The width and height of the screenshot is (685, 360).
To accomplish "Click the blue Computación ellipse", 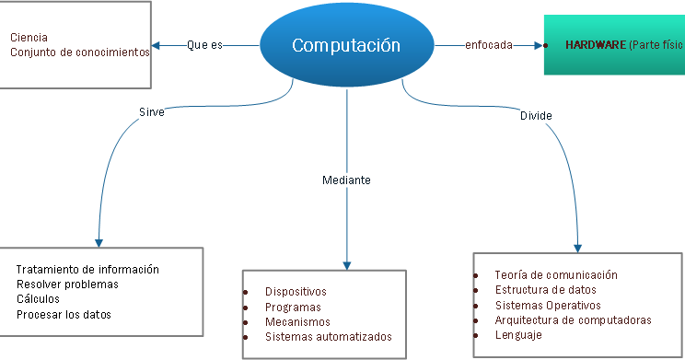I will pyautogui.click(x=346, y=44).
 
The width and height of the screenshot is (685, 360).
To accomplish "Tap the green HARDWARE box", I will pyautogui.click(x=614, y=44).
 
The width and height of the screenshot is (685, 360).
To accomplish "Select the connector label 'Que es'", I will pyautogui.click(x=204, y=44).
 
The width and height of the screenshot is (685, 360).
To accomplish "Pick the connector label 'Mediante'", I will pyautogui.click(x=346, y=180).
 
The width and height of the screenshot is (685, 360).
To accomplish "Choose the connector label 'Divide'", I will pyautogui.click(x=536, y=116).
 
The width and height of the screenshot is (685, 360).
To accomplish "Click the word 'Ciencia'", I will pyautogui.click(x=29, y=38).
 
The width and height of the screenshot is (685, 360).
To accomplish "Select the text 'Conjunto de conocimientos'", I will pyautogui.click(x=79, y=52).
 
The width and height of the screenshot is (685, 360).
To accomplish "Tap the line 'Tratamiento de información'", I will pyautogui.click(x=87, y=270).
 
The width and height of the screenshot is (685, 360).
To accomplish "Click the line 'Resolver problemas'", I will pyautogui.click(x=67, y=285).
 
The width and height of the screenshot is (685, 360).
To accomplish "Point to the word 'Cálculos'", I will pyautogui.click(x=38, y=299).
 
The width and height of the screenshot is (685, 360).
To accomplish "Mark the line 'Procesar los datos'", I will pyautogui.click(x=64, y=315).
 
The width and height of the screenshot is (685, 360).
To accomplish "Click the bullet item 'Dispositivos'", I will pyautogui.click(x=296, y=292).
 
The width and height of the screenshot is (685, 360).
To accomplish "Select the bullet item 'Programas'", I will pyautogui.click(x=293, y=308).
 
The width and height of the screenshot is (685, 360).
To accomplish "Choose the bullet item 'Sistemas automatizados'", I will pyautogui.click(x=328, y=337).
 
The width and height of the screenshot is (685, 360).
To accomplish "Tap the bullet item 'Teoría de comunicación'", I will pyautogui.click(x=555, y=275).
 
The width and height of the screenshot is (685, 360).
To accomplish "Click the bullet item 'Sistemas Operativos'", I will pyautogui.click(x=547, y=305).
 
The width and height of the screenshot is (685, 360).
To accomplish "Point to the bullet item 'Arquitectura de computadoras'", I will pyautogui.click(x=573, y=320).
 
